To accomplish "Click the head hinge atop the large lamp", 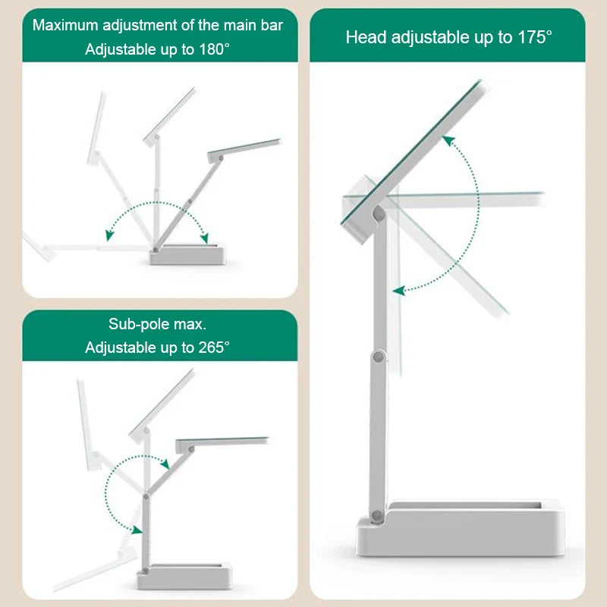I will (377, 215).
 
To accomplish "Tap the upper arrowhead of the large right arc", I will (448, 140).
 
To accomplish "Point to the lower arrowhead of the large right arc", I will (397, 290).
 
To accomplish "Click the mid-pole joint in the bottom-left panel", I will (145, 495).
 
